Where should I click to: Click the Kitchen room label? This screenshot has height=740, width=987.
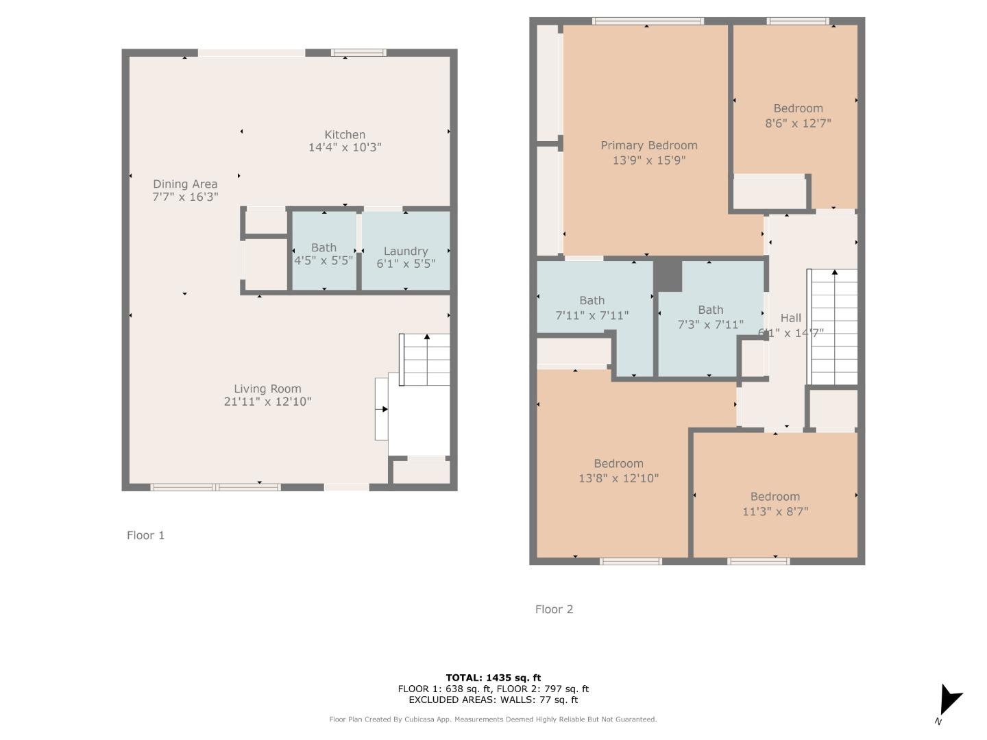(345, 135)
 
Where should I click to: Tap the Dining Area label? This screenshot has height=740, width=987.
(185, 184)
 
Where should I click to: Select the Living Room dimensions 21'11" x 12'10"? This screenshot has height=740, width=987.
(267, 402)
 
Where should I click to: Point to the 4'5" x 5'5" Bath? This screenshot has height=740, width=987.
(324, 254)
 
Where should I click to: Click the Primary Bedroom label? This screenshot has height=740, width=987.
(649, 145)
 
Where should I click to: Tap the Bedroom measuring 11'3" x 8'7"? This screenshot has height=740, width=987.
(775, 504)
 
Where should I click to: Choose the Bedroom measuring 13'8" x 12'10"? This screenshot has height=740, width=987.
(618, 471)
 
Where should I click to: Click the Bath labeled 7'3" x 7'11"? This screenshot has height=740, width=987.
(710, 317)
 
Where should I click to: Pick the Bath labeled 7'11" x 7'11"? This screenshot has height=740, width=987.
(592, 308)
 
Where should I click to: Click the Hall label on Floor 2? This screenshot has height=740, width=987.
(790, 318)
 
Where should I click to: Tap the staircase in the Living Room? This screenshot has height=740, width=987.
(425, 360)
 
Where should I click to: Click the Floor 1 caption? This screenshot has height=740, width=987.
(146, 535)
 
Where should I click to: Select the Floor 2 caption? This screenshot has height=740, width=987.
(554, 609)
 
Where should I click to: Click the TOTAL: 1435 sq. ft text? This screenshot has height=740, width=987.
(493, 678)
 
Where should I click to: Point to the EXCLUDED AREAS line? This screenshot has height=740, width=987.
(493, 700)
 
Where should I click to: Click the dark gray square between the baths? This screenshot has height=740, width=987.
(668, 275)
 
